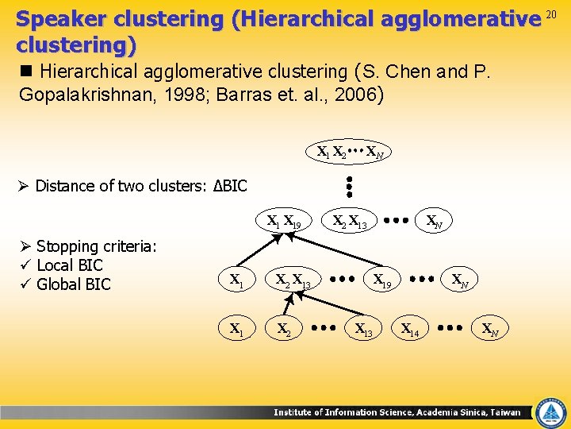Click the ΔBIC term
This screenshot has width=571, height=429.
231,187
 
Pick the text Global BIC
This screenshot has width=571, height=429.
74,284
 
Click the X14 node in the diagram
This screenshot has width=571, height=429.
410,328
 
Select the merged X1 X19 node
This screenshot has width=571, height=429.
283,222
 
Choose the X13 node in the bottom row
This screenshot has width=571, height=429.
364,328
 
